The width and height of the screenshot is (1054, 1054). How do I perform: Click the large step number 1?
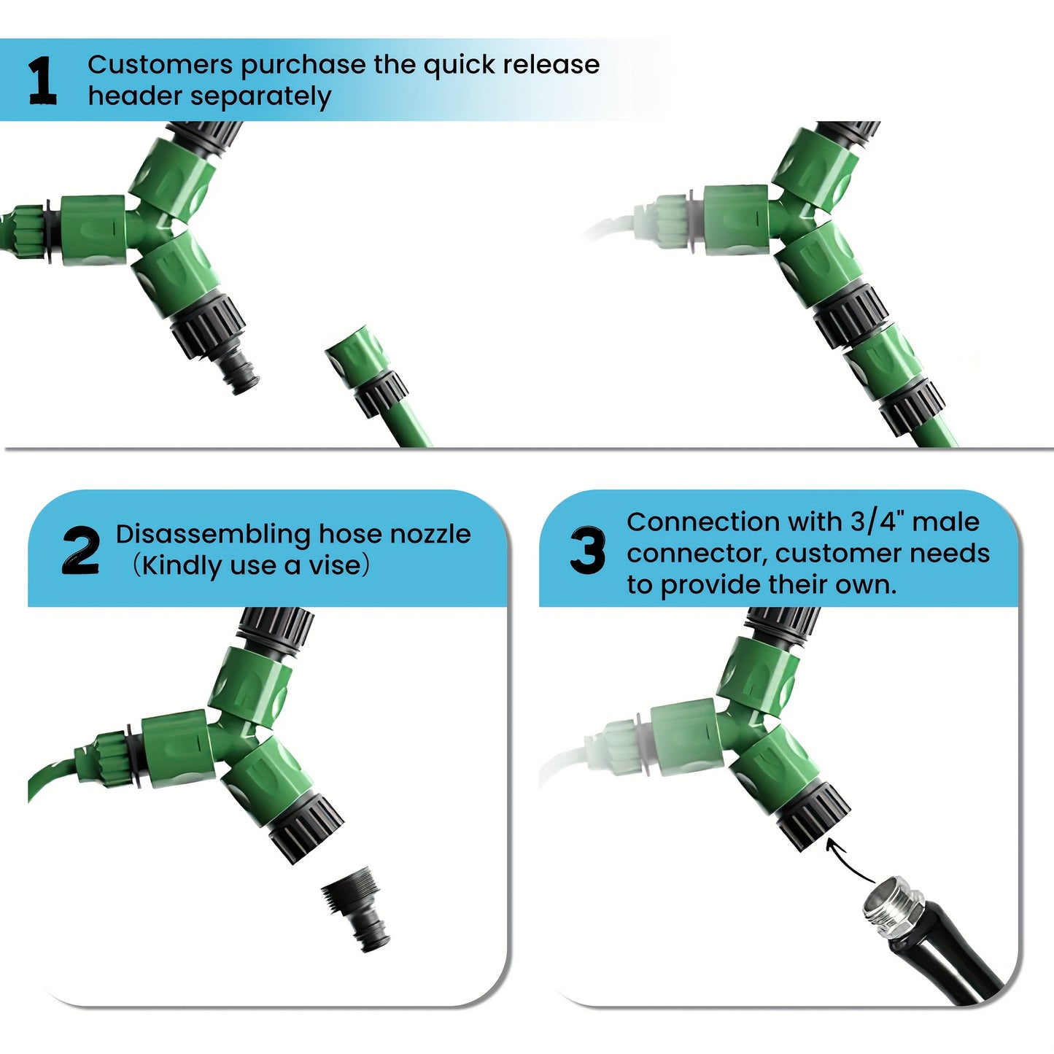pyautogui.click(x=42, y=80)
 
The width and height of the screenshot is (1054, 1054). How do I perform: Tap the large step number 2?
pyautogui.click(x=81, y=551)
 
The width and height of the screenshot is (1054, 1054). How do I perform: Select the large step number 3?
pyautogui.click(x=587, y=551)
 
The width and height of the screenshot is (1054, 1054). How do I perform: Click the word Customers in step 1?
pyautogui.click(x=160, y=64)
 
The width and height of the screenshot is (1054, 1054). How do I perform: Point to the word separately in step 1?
pyautogui.click(x=260, y=97)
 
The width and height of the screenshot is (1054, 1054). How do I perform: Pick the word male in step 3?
pyautogui.click(x=945, y=522)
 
